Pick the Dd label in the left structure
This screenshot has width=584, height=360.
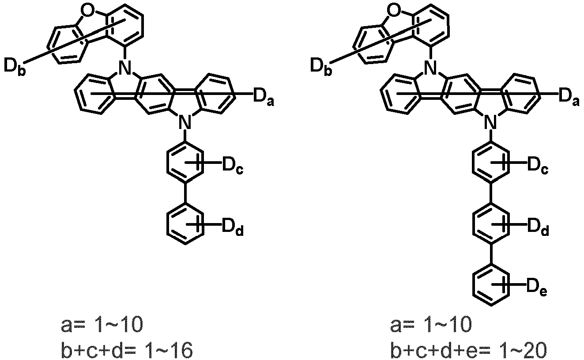(232, 227)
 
